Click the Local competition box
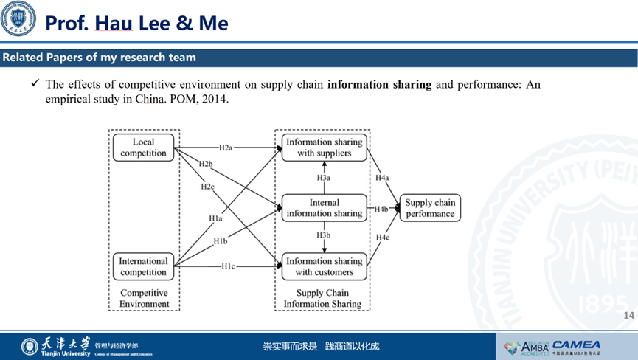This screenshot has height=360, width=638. [144, 148]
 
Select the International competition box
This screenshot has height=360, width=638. [144, 266]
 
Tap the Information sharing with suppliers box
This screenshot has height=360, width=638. [324, 148]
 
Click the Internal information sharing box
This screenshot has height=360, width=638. [324, 208]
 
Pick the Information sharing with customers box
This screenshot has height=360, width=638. [324, 266]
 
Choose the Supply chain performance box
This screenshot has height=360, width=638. [429, 208]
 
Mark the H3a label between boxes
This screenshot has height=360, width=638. [324, 178]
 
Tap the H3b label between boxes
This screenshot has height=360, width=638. [324, 235]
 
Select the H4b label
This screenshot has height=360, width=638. [381, 209]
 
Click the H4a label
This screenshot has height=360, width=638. [382, 178]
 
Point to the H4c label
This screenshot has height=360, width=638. [382, 237]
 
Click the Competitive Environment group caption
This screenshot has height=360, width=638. [144, 298]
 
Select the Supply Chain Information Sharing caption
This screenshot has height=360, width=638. [323, 298]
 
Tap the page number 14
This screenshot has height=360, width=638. [628, 316]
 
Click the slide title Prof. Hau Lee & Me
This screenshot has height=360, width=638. [136, 23]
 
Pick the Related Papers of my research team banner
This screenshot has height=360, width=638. [99, 58]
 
